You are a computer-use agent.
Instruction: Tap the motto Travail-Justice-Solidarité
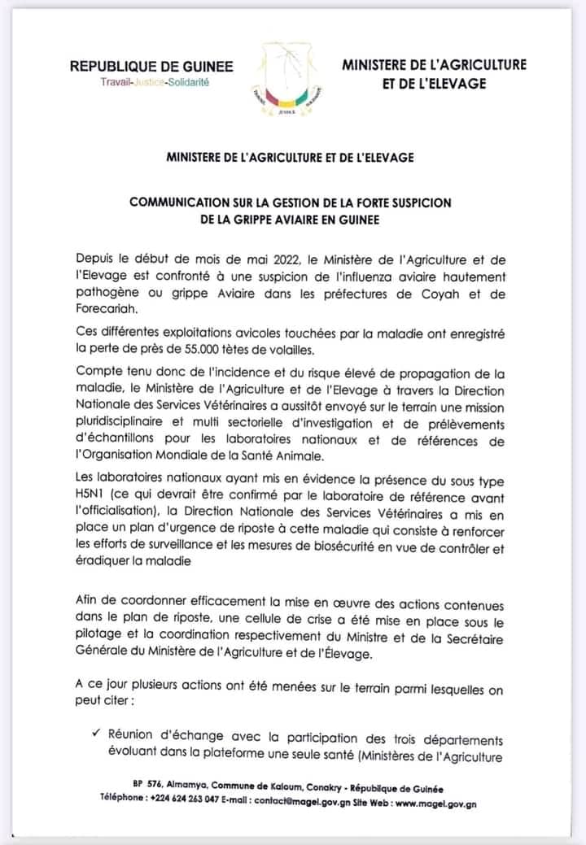152,83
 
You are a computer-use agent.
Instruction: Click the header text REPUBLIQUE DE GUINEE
151,67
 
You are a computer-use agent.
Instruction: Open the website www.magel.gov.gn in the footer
437,802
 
